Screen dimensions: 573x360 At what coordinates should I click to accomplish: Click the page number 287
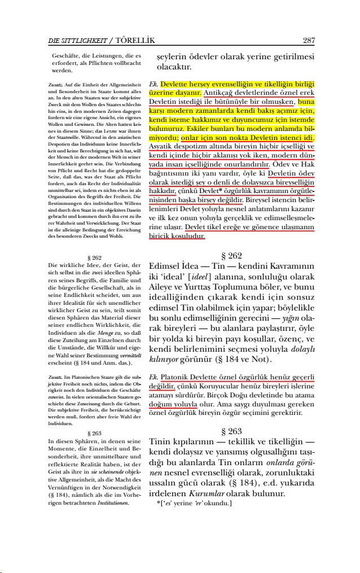coord(308,41)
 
